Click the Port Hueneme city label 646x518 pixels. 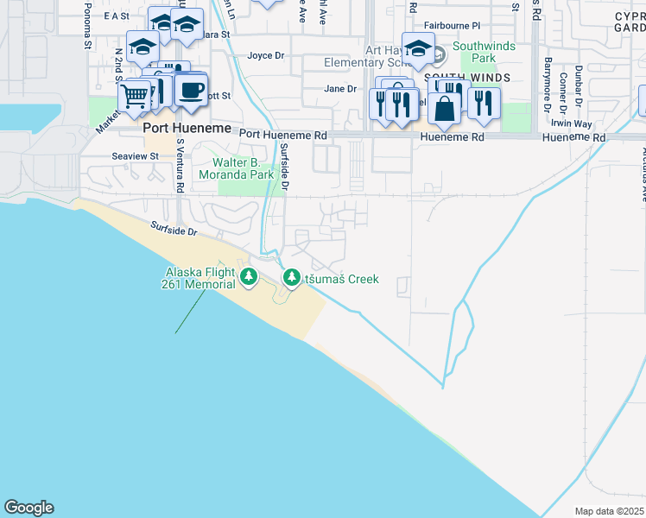coord(187,128)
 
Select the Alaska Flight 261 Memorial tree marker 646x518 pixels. coord(250,277)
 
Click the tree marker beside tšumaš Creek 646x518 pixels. coord(291,279)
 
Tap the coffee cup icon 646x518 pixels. coord(191,89)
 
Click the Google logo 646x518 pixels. coord(28,508)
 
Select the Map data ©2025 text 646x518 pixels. coord(610,511)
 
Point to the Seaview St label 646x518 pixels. coord(136,156)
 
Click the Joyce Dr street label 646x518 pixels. coord(265,56)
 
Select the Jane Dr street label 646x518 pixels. coord(339,89)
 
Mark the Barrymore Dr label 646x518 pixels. coord(548,85)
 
